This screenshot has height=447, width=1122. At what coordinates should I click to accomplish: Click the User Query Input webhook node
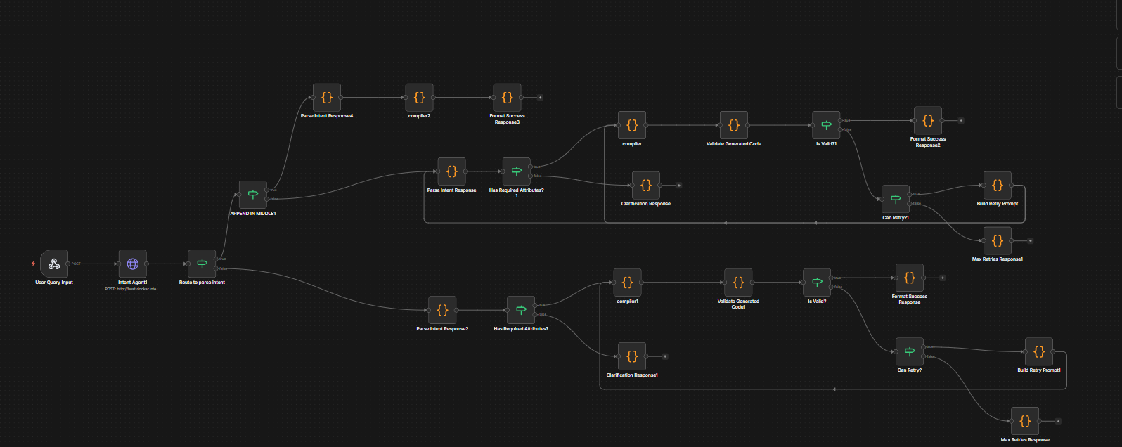pyautogui.click(x=54, y=264)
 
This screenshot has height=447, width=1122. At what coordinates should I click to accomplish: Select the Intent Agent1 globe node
pyautogui.click(x=133, y=264)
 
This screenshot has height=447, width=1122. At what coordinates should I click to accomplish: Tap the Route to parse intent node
pyautogui.click(x=202, y=264)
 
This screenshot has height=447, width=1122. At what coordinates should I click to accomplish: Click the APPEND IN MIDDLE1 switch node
pyautogui.click(x=253, y=195)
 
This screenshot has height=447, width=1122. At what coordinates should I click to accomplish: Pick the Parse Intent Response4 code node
pyautogui.click(x=327, y=98)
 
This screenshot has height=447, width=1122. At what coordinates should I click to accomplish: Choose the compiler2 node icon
pyautogui.click(x=419, y=98)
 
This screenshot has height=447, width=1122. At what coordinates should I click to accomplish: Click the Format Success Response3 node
pyautogui.click(x=507, y=98)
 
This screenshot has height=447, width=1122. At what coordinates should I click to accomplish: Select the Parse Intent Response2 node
pyautogui.click(x=442, y=310)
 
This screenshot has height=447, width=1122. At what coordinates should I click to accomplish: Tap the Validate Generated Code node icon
pyautogui.click(x=733, y=125)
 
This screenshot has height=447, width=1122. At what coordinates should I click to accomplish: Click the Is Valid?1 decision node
pyautogui.click(x=826, y=125)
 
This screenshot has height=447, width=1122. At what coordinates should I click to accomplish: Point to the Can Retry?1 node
pyautogui.click(x=895, y=199)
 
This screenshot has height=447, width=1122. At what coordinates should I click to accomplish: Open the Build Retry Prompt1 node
pyautogui.click(x=1039, y=352)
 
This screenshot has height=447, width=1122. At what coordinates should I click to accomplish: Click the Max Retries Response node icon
pyautogui.click(x=1025, y=421)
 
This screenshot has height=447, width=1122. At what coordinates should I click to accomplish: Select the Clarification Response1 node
pyautogui.click(x=632, y=356)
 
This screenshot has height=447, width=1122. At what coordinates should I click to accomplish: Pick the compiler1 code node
pyautogui.click(x=627, y=283)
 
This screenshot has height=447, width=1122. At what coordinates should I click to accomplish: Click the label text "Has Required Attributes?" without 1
pyautogui.click(x=521, y=329)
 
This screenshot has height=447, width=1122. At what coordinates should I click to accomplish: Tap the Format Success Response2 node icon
pyautogui.click(x=928, y=121)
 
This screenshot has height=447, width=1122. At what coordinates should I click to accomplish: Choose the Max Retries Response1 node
pyautogui.click(x=998, y=241)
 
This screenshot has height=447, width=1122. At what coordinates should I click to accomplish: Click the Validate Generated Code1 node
pyautogui.click(x=738, y=283)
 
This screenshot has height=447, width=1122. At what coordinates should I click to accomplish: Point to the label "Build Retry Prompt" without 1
pyautogui.click(x=997, y=204)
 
